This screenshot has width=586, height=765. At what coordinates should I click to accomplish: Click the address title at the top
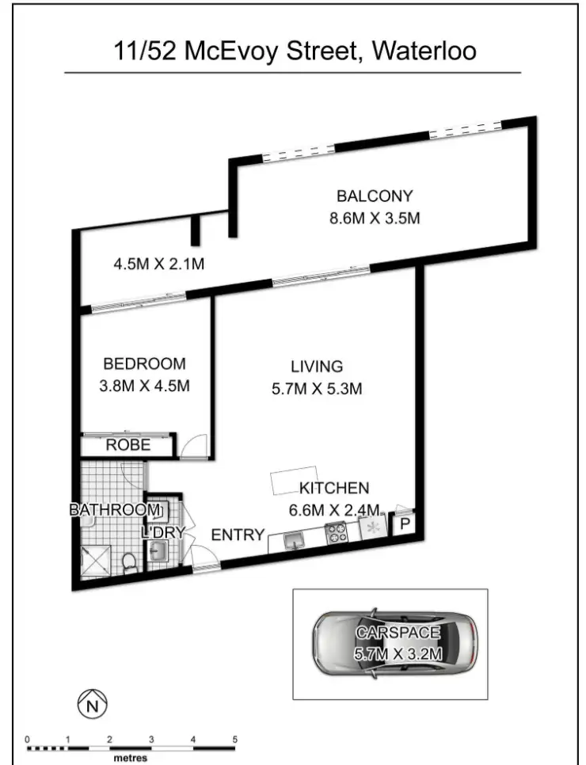293,51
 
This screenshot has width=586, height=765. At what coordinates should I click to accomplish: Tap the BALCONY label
375,196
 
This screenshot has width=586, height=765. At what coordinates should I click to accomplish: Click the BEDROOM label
145,364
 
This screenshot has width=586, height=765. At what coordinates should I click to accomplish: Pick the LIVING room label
316,367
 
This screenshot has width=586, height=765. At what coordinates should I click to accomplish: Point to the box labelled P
403,524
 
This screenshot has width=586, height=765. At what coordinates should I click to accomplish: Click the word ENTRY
237,535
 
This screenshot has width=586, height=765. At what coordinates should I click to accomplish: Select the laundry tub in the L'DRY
158,550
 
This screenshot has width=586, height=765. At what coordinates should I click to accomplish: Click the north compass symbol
93,702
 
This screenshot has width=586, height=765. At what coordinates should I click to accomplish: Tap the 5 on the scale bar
234,739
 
